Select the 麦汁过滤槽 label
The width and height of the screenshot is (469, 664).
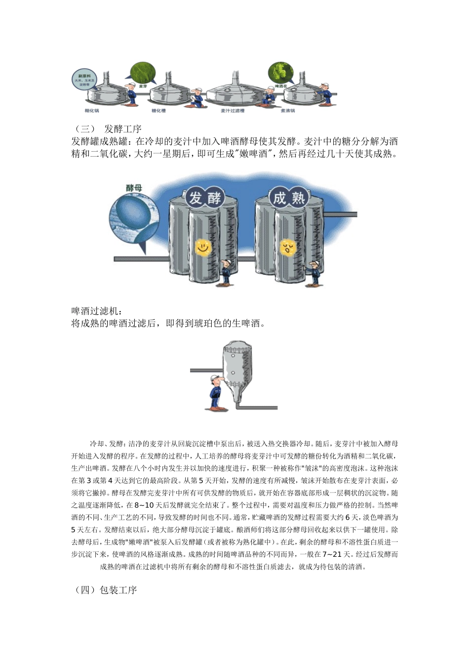tap(232, 111)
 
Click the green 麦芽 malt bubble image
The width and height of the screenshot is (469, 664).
tap(143, 73)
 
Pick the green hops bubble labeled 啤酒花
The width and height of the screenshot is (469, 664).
tap(280, 73)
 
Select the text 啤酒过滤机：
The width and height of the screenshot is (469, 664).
tap(97, 311)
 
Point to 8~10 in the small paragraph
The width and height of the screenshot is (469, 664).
tap(144, 505)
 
